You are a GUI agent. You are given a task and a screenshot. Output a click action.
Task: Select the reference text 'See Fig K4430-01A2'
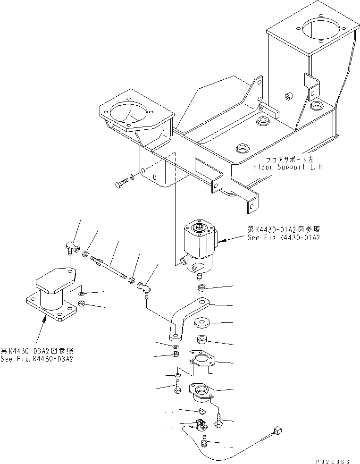point(284,238)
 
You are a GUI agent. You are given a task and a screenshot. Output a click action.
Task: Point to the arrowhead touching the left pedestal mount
point(45,320)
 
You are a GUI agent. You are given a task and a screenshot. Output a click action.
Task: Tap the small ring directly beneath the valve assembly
point(202,287)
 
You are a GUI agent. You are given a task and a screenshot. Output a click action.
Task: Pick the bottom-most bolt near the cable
point(205,442)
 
